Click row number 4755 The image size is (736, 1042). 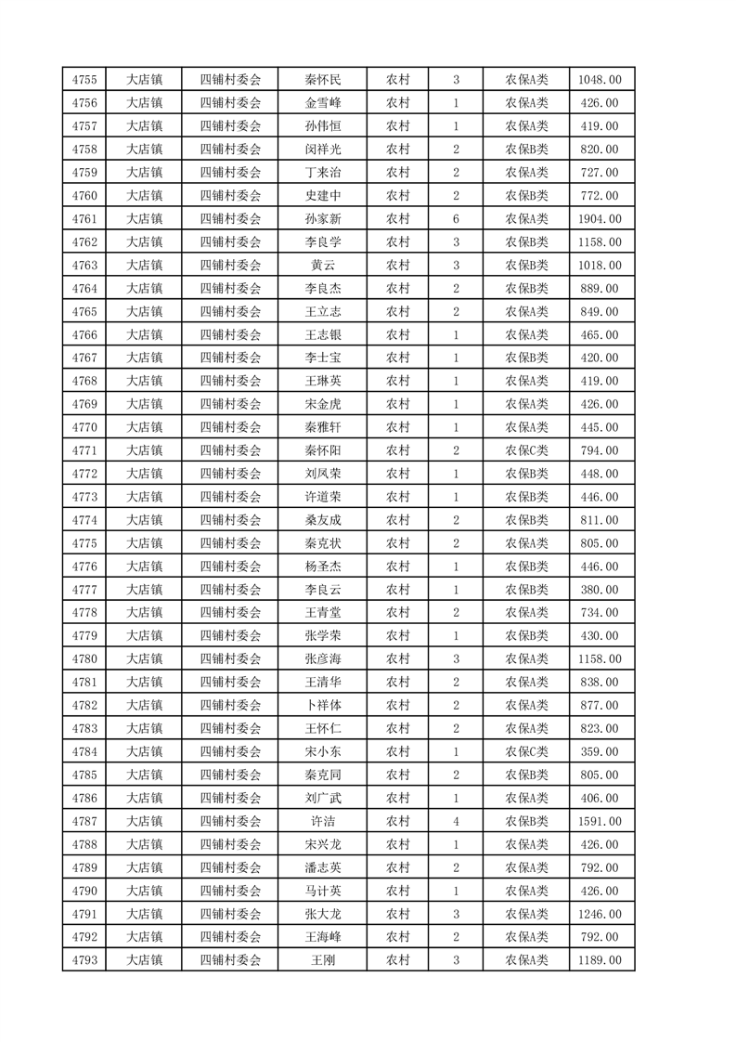tap(84, 80)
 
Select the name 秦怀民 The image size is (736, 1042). tap(322, 80)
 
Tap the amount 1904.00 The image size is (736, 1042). tap(600, 219)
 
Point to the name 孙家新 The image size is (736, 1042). tap(322, 219)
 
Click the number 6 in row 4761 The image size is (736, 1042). tap(456, 219)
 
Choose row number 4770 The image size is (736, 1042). tap(84, 427)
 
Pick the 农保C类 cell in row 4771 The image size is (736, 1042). tap(526, 450)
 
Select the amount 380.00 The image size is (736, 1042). tap(600, 590)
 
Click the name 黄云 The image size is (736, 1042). tap(322, 266)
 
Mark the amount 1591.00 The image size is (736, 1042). tap(600, 821)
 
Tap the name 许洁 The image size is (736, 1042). tap(322, 821)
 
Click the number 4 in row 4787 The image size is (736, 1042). tap(456, 821)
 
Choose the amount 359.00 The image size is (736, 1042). tap(600, 728)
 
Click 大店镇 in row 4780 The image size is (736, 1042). tap(144, 659)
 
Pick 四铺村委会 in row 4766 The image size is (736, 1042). tap(231, 335)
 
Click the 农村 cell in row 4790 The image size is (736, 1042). tap(398, 891)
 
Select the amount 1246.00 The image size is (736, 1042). tap(600, 914)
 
